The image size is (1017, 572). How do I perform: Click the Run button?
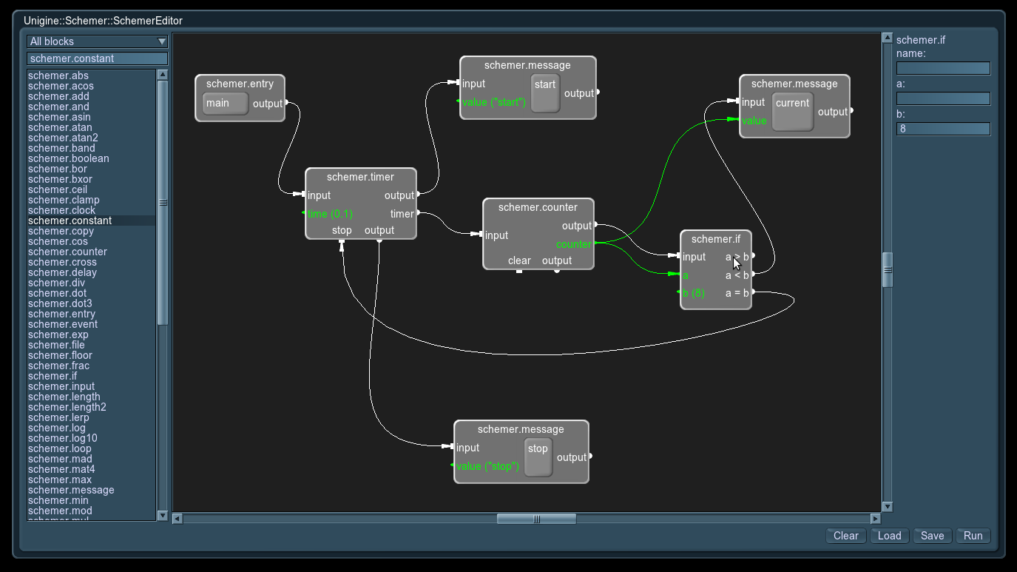pyautogui.click(x=973, y=536)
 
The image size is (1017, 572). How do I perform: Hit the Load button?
pyautogui.click(x=889, y=536)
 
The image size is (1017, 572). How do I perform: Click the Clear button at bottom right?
pyautogui.click(x=845, y=536)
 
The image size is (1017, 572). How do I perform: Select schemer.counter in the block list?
pyautogui.click(x=67, y=252)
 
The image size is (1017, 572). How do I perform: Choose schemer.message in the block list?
pyautogui.click(x=71, y=490)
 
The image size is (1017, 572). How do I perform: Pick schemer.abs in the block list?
pyautogui.click(x=58, y=75)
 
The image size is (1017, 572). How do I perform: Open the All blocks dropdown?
pyautogui.click(x=97, y=41)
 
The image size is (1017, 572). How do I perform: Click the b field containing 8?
pyautogui.click(x=943, y=129)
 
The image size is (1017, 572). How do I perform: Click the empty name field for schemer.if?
pyautogui.click(x=943, y=68)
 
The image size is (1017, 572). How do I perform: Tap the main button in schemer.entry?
pyautogui.click(x=225, y=103)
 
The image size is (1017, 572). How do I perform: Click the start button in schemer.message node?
pyautogui.click(x=545, y=92)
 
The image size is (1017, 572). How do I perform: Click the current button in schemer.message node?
pyautogui.click(x=792, y=112)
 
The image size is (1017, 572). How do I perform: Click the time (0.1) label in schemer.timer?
pyautogui.click(x=330, y=214)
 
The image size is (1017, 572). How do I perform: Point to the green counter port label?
pyautogui.click(x=574, y=244)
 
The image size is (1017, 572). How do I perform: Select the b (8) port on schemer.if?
pyautogui.click(x=693, y=293)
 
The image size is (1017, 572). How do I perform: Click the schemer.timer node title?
pyautogui.click(x=360, y=177)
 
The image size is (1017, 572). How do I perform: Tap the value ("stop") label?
pyautogui.click(x=487, y=466)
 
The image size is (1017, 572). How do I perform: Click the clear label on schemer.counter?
pyautogui.click(x=519, y=260)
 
